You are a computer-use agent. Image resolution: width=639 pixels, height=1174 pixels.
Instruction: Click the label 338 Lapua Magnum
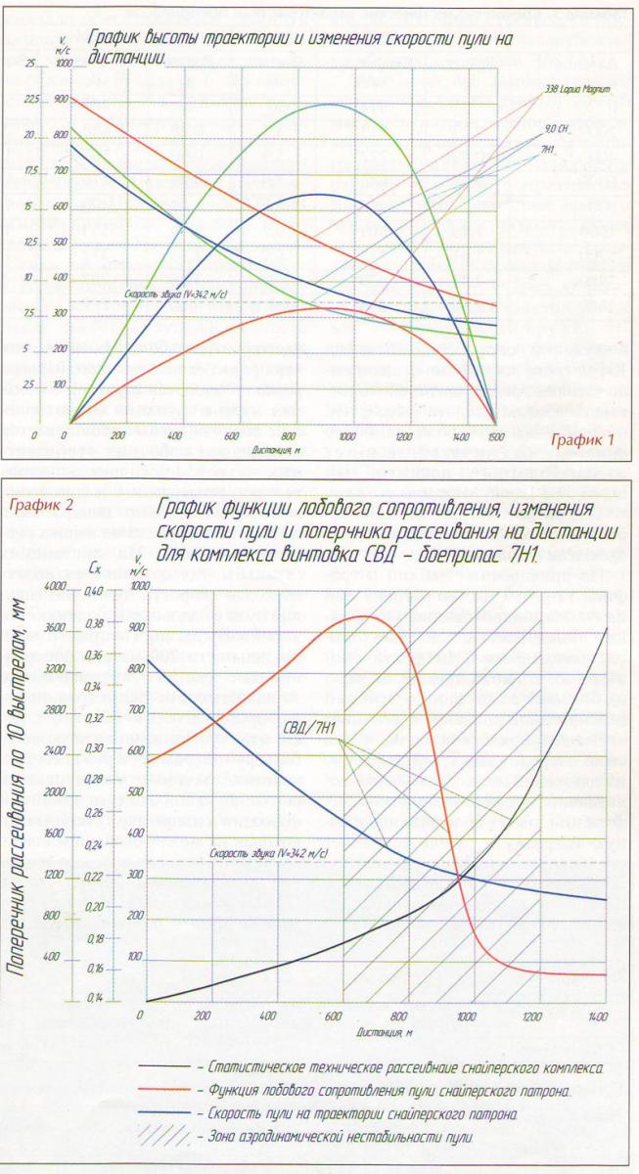click(577, 89)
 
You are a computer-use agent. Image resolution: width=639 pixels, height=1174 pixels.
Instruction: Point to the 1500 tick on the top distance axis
click(497, 435)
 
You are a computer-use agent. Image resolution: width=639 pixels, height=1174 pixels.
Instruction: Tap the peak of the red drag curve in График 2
click(364, 616)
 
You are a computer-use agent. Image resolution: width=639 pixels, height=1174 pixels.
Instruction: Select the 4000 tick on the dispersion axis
click(49, 586)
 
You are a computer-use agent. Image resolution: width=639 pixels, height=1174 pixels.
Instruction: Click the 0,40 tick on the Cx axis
click(93, 591)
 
